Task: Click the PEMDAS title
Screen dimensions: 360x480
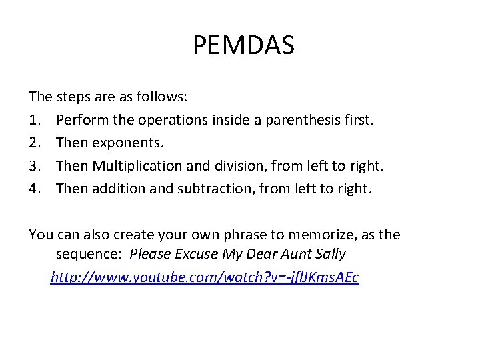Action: coord(243,46)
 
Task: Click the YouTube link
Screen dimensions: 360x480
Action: coord(205,277)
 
